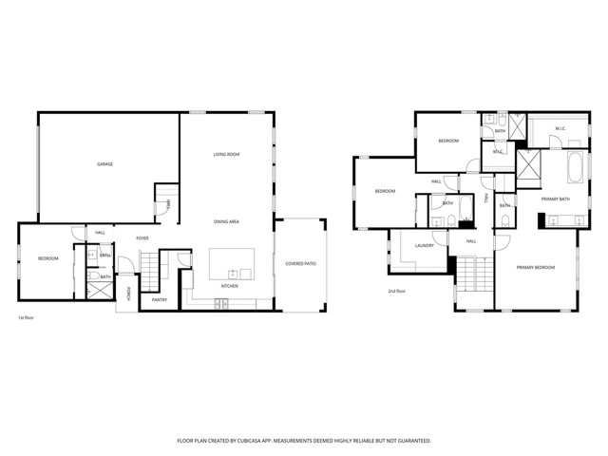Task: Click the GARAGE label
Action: [105, 164]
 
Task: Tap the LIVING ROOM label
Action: [226, 154]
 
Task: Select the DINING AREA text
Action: [226, 221]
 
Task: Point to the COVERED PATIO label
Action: [300, 263]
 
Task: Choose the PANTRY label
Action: [160, 300]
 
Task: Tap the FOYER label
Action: [142, 238]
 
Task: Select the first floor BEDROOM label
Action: [48, 258]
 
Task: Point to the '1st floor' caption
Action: [27, 317]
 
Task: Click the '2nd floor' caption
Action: [396, 291]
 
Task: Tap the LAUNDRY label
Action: [424, 245]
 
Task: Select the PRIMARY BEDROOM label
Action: [536, 269]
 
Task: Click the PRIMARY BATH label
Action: [556, 199]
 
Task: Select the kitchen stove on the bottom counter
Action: [220, 304]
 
